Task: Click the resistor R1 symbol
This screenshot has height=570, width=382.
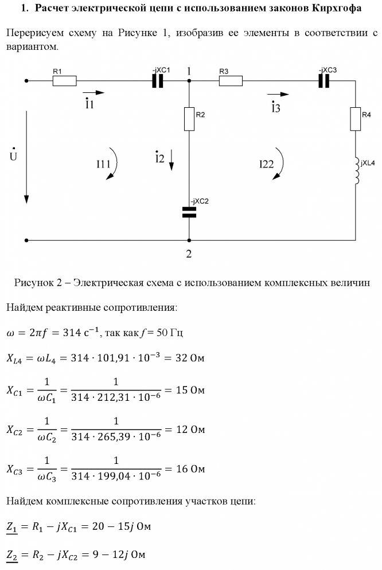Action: [64, 81]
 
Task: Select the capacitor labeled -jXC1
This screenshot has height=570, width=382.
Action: [157, 81]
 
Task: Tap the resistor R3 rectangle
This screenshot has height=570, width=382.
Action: [231, 81]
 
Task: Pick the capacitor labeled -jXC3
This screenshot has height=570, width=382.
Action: [325, 81]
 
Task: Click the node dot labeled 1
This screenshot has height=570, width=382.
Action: [189, 81]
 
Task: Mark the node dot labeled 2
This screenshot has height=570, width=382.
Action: [189, 240]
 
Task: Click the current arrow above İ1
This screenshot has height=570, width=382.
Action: [93, 92]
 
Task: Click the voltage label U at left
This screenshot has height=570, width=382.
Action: [13, 156]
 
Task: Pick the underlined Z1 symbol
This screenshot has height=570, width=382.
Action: [11, 526]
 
